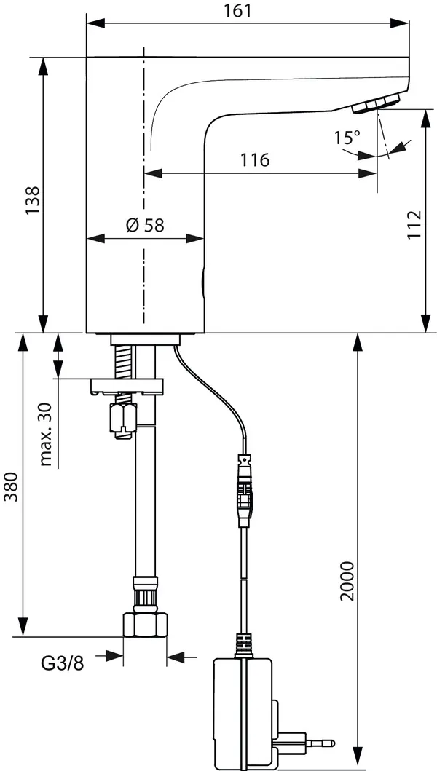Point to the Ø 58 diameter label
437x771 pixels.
144,225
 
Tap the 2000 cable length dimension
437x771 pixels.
347,580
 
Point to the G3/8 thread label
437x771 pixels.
62,663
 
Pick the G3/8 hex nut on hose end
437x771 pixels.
145,625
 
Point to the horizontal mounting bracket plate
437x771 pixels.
128,387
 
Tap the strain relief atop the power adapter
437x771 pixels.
243,646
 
